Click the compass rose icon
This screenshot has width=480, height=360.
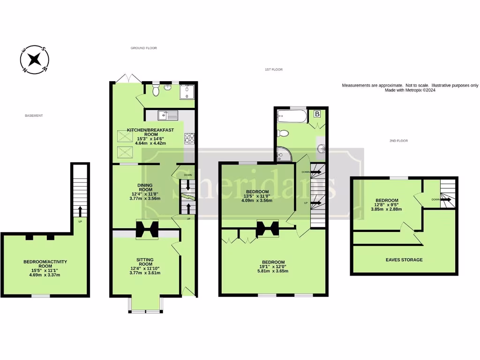click(x=34, y=60)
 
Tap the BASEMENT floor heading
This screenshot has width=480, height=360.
click(x=34, y=116)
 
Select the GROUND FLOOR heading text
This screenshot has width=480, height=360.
click(x=143, y=48)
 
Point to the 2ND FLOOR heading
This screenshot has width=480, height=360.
click(x=399, y=140)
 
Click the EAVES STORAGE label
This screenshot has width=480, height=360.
click(x=404, y=260)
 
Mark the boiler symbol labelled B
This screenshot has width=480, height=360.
click(x=317, y=114)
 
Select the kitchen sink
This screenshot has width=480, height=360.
click(x=165, y=114)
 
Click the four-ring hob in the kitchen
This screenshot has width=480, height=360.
click(x=190, y=138)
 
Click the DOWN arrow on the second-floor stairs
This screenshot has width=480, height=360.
click(x=445, y=200)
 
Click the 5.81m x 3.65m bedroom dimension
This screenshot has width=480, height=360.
click(x=273, y=271)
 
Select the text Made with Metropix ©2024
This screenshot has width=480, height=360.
click(x=410, y=90)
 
